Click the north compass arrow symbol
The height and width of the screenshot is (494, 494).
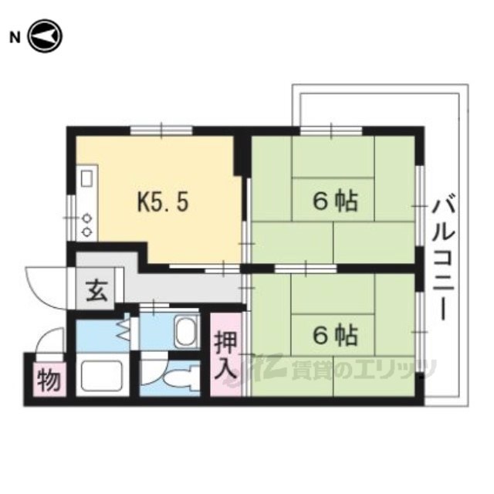(46, 36)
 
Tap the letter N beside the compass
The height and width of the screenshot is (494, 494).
(15, 38)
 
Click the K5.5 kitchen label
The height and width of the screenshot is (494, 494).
(163, 201)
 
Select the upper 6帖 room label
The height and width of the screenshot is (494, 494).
(336, 201)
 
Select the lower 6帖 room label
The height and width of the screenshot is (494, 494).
(336, 335)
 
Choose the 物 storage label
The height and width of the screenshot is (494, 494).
(49, 380)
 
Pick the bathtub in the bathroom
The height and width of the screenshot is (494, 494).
(102, 376)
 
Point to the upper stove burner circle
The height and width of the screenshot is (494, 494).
(86, 218)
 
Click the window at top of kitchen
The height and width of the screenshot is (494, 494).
(161, 130)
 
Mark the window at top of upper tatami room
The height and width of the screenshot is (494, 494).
(331, 130)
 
